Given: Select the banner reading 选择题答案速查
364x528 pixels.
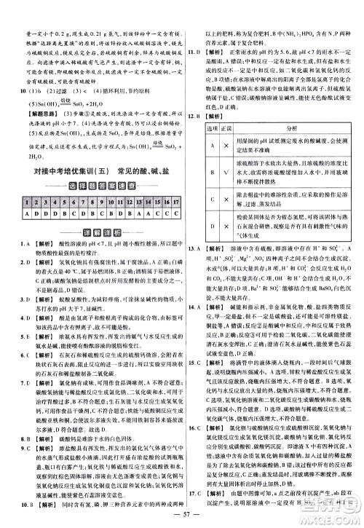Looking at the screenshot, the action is click(91, 187).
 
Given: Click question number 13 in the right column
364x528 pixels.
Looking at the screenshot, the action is click(191, 249).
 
